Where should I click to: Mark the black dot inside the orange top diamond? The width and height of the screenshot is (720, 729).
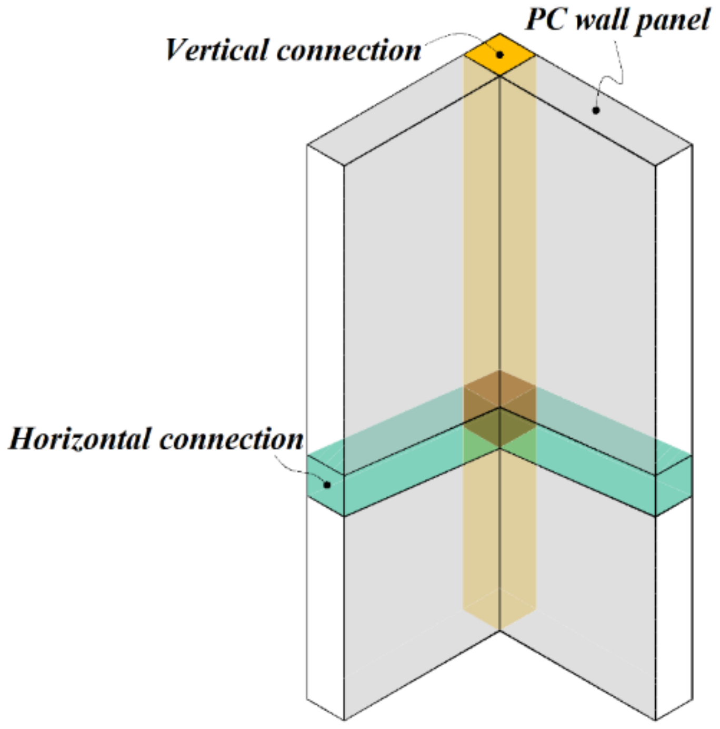500,54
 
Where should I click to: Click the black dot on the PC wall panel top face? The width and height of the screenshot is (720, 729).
596,110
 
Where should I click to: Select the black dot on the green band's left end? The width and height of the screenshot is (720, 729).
327,485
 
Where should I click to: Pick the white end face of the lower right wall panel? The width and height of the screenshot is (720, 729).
674,611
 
